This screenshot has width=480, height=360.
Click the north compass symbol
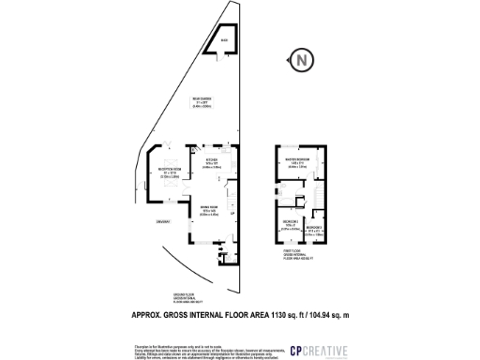point(301,60)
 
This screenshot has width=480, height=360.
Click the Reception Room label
point(168,172)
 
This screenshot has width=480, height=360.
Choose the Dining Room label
point(209,212)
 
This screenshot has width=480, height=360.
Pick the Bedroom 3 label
point(316,229)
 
